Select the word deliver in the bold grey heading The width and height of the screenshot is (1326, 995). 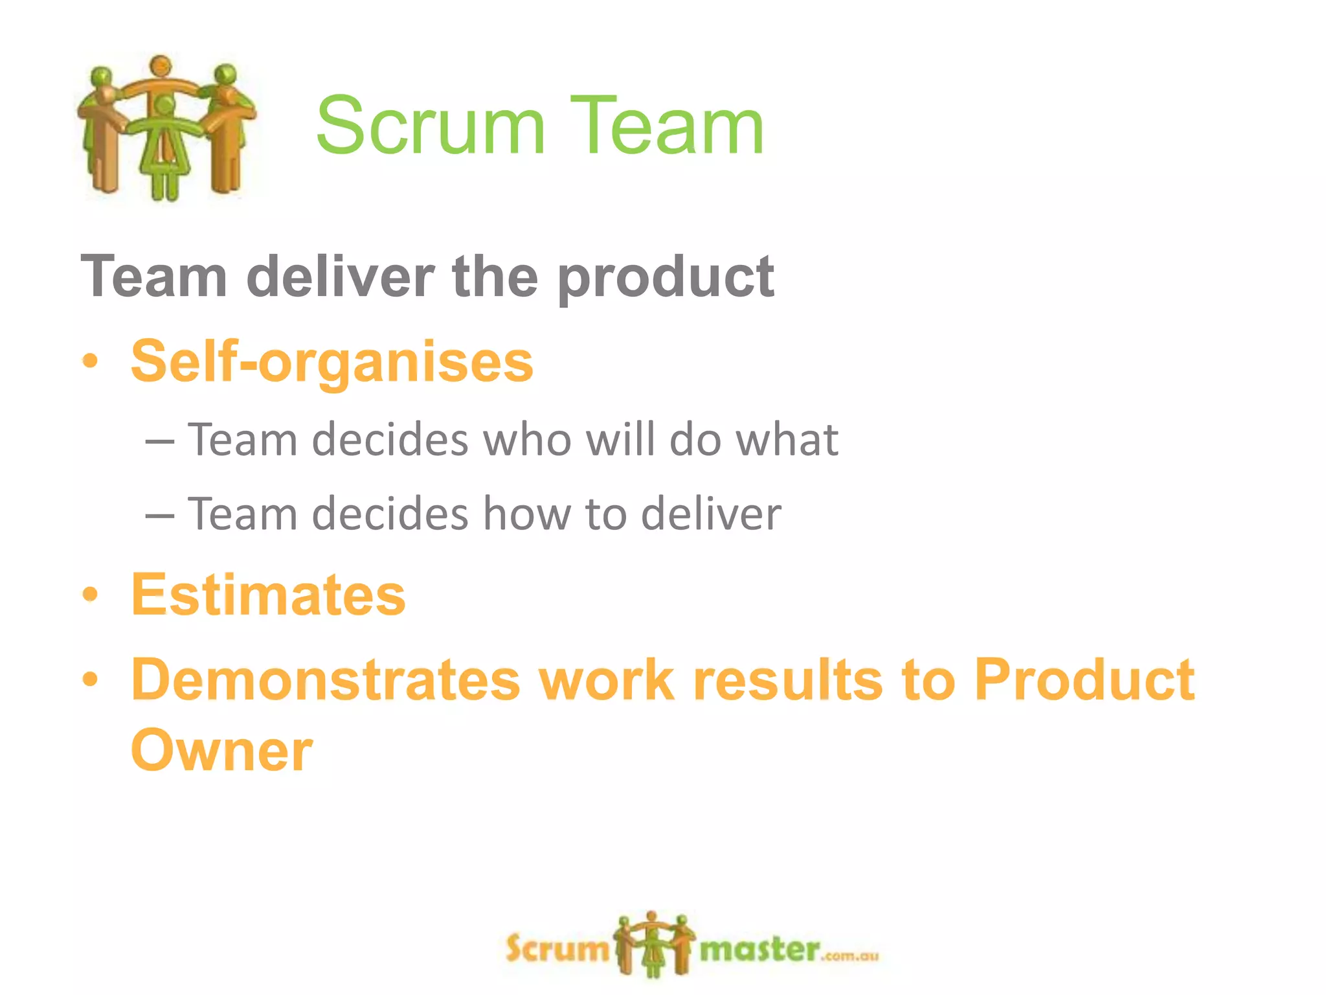pos(341,277)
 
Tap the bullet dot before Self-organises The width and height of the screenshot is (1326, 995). pos(91,361)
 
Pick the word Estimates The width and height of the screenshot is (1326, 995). pos(268,595)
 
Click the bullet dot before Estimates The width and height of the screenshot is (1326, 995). pos(91,594)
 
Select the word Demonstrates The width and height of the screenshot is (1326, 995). pos(326,680)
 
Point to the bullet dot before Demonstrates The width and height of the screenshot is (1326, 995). pos(91,680)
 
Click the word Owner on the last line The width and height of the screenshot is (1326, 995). pos(221,751)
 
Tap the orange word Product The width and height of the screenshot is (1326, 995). pos(1084,680)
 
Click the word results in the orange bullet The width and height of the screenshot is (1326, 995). pos(788,680)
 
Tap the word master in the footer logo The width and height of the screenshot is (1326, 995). pos(759,950)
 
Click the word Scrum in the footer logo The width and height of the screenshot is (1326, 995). pos(556,950)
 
